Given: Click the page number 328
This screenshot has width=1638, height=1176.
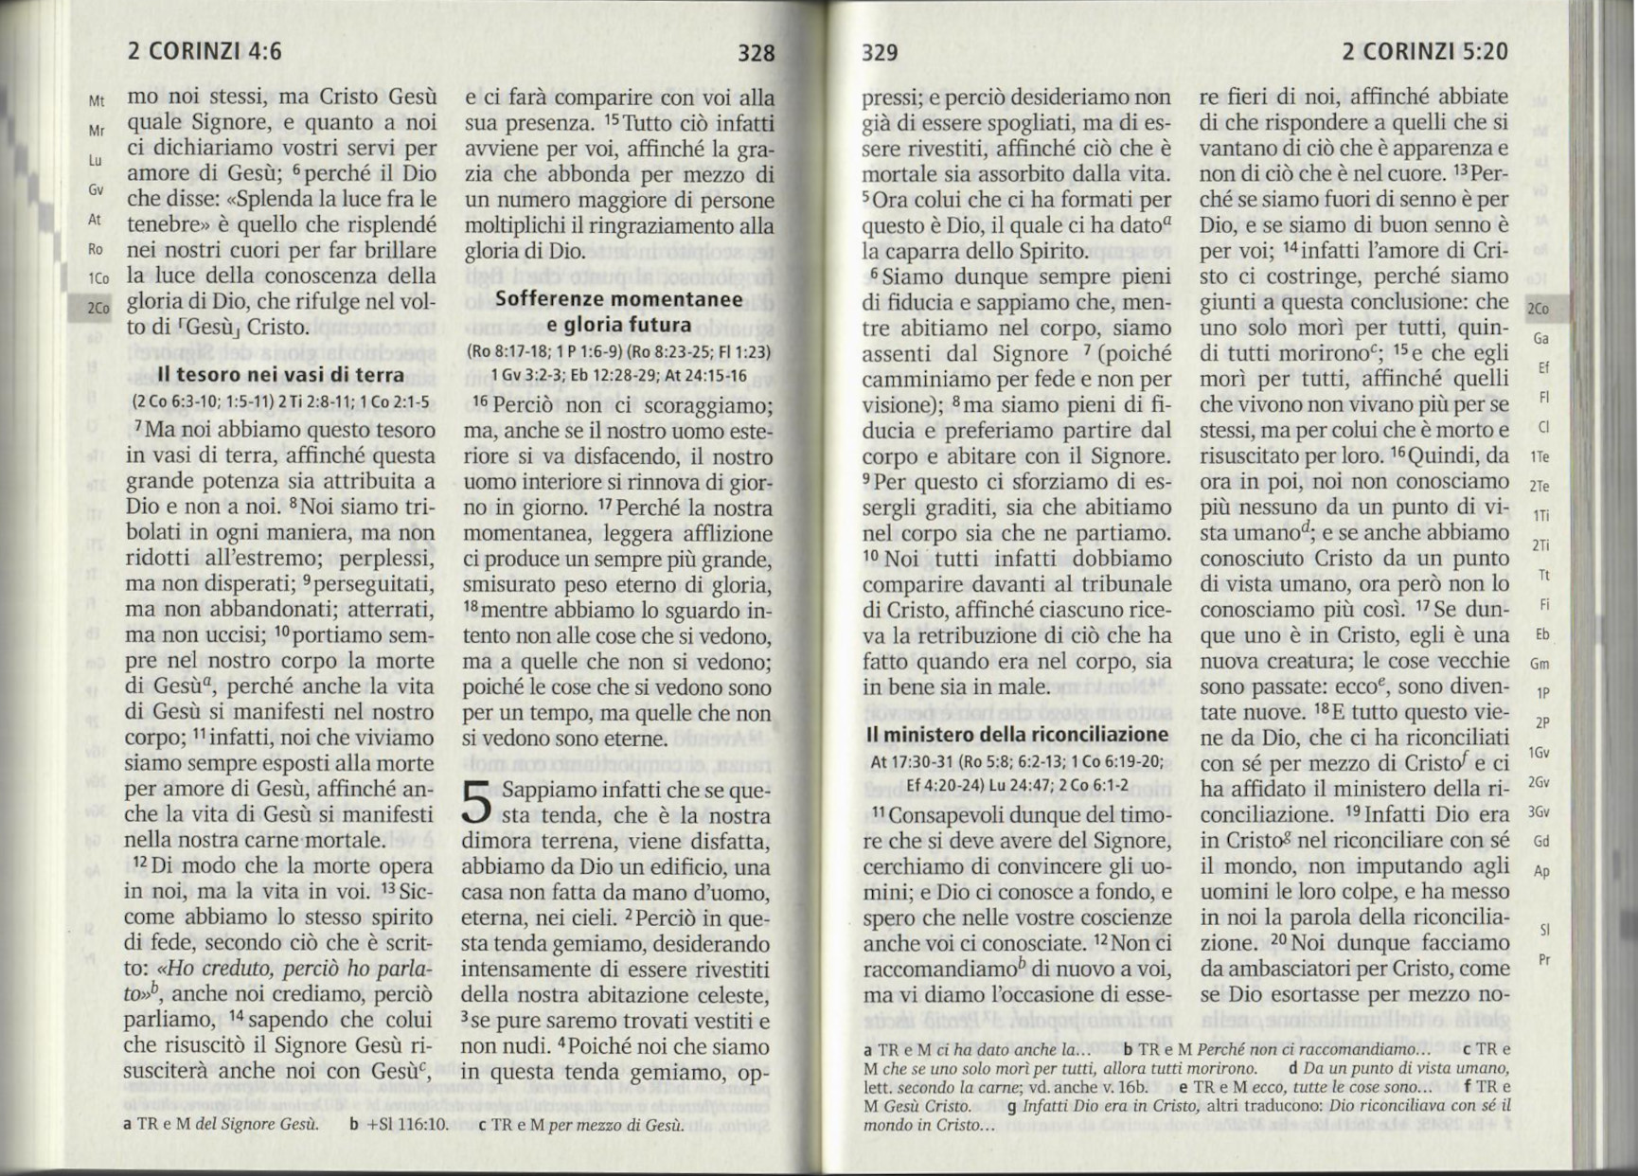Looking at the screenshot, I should click(756, 53).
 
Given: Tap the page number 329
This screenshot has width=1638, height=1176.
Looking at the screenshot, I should click(880, 53).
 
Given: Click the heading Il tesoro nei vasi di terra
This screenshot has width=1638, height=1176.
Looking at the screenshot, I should click(280, 375).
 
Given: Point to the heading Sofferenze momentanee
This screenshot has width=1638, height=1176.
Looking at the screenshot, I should click(619, 299).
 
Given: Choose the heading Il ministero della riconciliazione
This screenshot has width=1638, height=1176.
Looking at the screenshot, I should click(1017, 735).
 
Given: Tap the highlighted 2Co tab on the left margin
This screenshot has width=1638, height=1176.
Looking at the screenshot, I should click(98, 309).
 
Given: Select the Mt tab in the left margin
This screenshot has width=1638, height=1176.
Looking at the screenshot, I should click(97, 101).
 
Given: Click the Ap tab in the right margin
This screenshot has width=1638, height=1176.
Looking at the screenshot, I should click(1541, 871).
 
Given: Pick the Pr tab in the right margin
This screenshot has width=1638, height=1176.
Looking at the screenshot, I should click(1544, 959).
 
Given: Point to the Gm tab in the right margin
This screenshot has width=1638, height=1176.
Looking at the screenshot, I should click(1540, 664).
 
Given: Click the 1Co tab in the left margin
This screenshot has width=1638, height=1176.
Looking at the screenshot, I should click(98, 279).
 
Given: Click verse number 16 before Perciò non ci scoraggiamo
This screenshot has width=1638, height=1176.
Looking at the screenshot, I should click(480, 402).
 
